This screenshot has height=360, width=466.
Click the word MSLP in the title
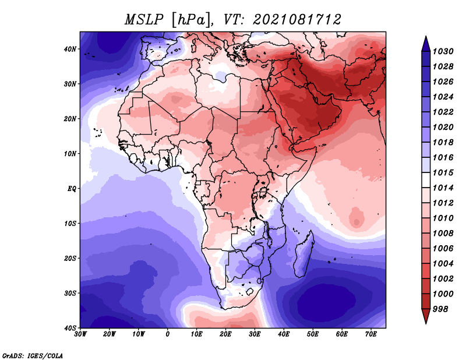[x=144, y=20]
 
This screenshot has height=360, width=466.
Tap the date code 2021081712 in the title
[x=297, y=20]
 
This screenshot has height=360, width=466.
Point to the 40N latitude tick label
[x=70, y=49]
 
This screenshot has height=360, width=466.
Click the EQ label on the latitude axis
[x=72, y=189]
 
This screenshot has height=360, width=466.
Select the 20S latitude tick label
[x=70, y=258]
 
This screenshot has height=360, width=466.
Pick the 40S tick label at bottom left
[x=70, y=328]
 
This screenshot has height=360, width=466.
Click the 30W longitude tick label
[x=80, y=334]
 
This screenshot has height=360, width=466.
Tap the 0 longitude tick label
[x=168, y=334]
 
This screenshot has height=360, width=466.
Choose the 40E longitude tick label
[x=284, y=334]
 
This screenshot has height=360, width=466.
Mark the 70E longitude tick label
[x=371, y=334]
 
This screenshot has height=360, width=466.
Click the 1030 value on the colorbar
[x=443, y=51]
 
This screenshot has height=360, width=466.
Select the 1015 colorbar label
[x=443, y=172]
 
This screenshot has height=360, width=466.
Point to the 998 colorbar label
[x=440, y=309]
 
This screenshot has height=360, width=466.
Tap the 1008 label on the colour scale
[x=443, y=234]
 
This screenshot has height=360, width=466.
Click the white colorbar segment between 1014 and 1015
[x=426, y=180]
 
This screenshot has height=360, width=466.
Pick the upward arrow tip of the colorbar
[x=426, y=37]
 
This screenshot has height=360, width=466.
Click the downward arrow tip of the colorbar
[x=426, y=323]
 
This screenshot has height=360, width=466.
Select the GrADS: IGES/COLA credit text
[x=33, y=355]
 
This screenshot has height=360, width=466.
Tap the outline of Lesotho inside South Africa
[x=250, y=291]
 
